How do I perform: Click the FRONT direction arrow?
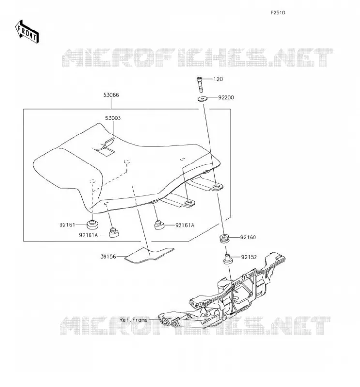[x=27, y=32]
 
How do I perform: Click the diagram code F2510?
[x=278, y=13]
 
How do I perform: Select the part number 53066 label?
[x=111, y=95]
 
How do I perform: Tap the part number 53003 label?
[x=113, y=118]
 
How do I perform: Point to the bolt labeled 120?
[x=200, y=85]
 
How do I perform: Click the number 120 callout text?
[x=218, y=79]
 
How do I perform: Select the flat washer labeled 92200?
[x=203, y=99]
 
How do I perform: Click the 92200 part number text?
[x=226, y=98]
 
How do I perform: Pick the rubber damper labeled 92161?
[x=92, y=224]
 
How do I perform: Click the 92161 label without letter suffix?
[x=67, y=225]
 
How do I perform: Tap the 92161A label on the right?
[x=184, y=225]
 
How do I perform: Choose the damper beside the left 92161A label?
[x=114, y=233]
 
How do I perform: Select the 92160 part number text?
[x=248, y=238]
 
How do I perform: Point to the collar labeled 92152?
[x=228, y=259]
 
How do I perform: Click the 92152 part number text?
[x=249, y=257]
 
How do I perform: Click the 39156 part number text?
[x=108, y=257]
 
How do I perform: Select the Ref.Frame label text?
[x=134, y=320]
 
